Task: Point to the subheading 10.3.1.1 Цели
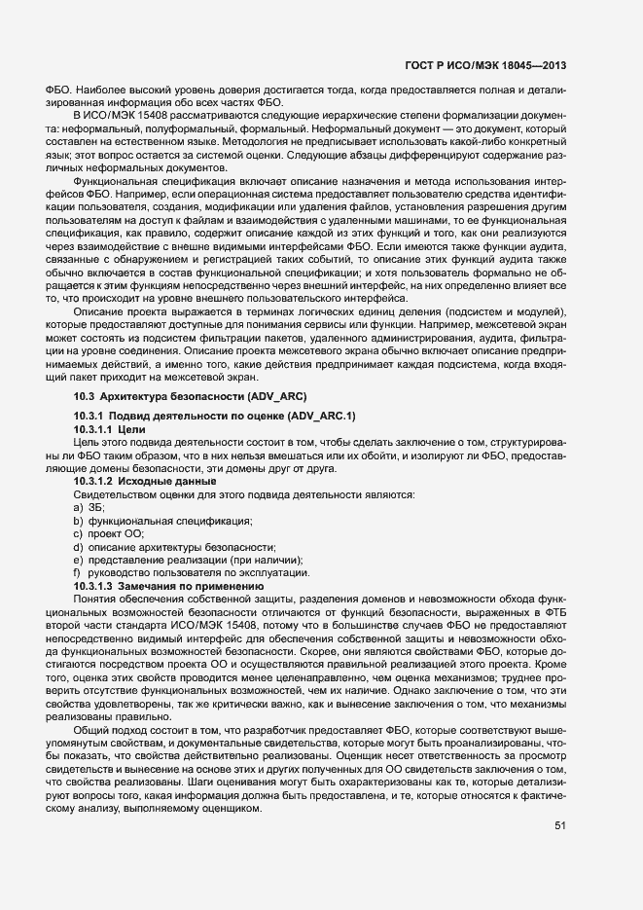coord(108,428)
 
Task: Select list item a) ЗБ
coord(89,508)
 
